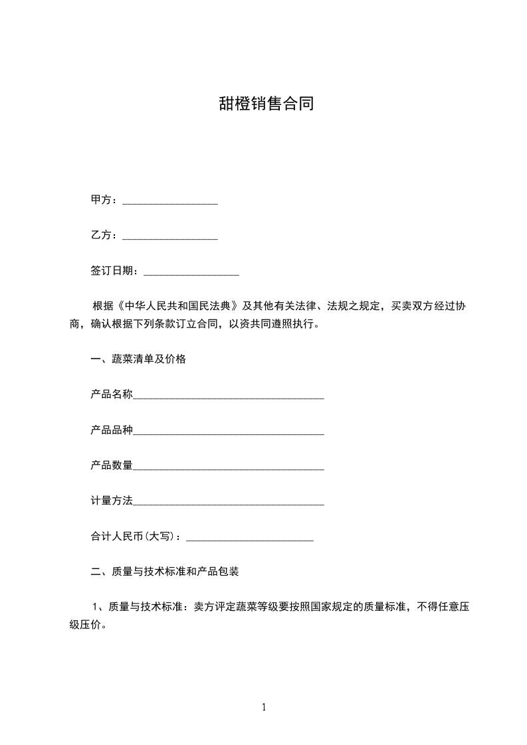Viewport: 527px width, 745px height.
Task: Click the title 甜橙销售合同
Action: (266, 104)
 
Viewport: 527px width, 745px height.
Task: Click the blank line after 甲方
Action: (170, 201)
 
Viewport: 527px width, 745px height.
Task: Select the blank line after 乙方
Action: (170, 236)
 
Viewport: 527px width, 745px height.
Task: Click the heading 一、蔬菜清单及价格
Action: (138, 359)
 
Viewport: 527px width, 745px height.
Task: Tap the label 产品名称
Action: (112, 394)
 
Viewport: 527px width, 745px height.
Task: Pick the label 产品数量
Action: (112, 465)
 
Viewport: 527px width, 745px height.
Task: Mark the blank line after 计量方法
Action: (229, 503)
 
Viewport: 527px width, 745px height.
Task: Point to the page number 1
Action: (264, 707)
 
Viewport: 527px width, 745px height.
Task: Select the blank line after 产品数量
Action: (229, 467)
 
